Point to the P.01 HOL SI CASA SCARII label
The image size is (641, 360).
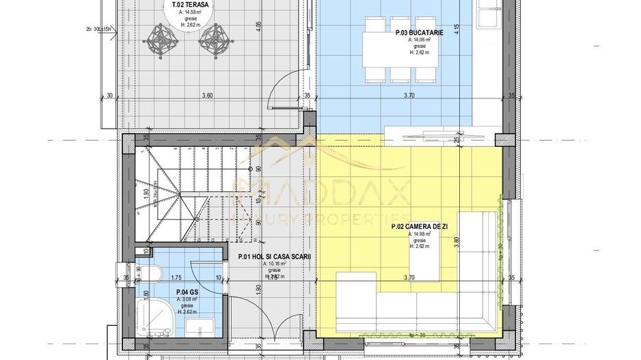pyautogui.click(x=274, y=258)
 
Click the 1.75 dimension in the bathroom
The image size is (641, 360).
pyautogui.click(x=176, y=278)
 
